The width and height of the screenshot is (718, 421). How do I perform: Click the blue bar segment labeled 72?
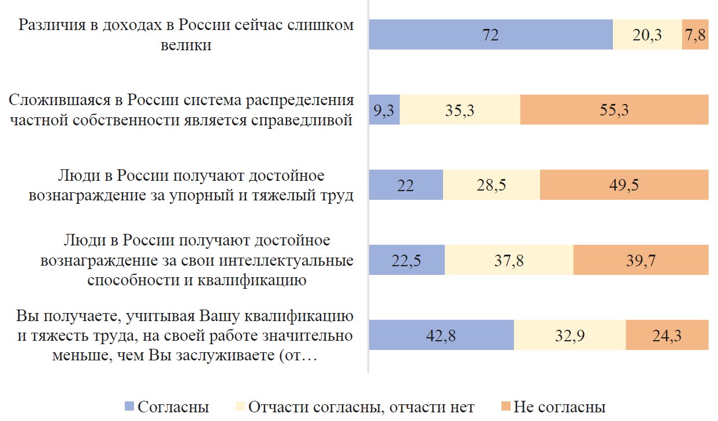click(490, 35)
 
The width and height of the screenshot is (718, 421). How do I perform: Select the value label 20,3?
click(648, 35)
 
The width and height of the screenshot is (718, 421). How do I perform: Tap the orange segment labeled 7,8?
click(695, 35)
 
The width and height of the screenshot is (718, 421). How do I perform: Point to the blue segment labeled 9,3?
click(384, 110)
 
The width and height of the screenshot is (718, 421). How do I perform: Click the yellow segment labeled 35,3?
click(460, 110)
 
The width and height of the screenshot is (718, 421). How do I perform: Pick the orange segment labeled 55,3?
click(614, 110)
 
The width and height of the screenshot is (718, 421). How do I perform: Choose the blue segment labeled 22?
click(405, 185)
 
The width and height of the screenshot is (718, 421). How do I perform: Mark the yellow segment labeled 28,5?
click(491, 185)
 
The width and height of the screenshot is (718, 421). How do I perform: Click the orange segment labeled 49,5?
click(624, 185)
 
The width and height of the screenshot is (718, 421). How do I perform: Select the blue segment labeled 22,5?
click(407, 260)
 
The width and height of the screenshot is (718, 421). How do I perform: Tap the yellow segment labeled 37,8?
click(509, 260)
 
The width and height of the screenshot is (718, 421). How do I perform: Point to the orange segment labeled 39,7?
click(641, 260)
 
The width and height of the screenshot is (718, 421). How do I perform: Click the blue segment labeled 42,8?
click(441, 335)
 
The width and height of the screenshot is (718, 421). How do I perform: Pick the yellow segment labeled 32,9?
click(570, 335)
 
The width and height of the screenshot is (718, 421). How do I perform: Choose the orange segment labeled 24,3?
click(667, 335)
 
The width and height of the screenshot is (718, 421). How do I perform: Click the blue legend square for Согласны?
click(129, 407)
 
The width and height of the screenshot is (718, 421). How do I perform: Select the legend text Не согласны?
click(559, 407)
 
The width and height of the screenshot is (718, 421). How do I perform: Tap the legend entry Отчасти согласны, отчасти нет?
click(361, 407)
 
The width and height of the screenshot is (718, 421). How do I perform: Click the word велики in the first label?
click(186, 45)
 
